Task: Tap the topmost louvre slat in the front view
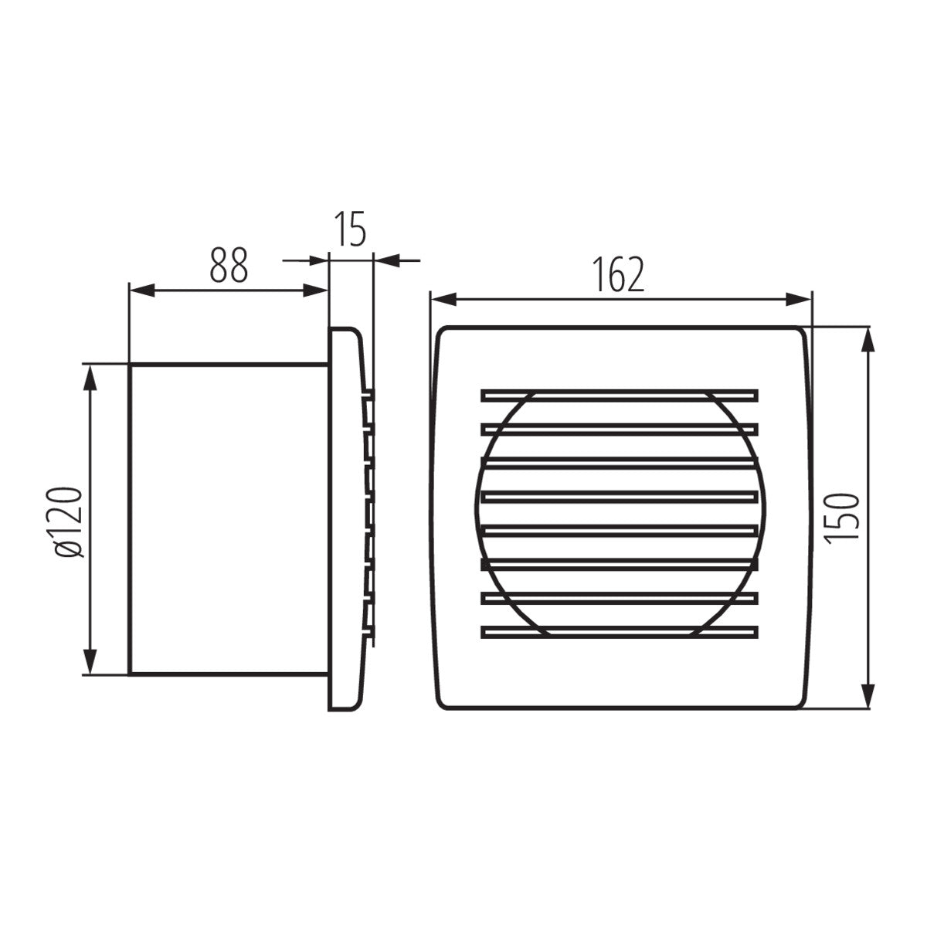tap(619, 395)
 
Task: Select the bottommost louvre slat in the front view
tap(619, 631)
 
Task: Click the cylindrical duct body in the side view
tap(229, 519)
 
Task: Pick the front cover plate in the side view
tap(345, 519)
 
